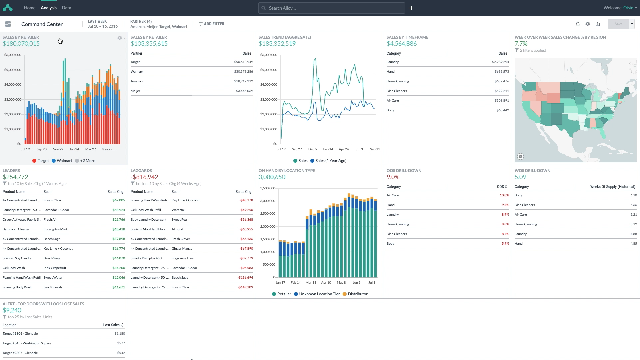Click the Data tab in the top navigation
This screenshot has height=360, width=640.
tap(66, 8)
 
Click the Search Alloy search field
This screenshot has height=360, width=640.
tap(331, 8)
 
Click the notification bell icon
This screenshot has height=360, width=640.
tap(578, 24)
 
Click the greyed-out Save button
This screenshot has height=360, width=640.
tap(618, 24)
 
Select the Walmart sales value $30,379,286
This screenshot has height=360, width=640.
tap(243, 72)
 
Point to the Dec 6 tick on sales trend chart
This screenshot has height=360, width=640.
tap(312, 149)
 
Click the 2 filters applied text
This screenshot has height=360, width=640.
tap(533, 50)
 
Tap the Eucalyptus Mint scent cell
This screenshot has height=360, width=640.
tap(55, 229)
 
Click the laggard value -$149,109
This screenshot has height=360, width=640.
tap(245, 287)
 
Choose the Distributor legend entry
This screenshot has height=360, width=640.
tap(357, 294)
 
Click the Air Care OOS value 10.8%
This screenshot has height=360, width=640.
tap(504, 195)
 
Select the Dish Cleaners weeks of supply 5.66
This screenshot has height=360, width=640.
tap(633, 205)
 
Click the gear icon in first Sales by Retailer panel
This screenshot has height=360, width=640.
tap(119, 38)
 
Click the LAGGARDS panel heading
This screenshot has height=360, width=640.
tap(141, 170)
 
